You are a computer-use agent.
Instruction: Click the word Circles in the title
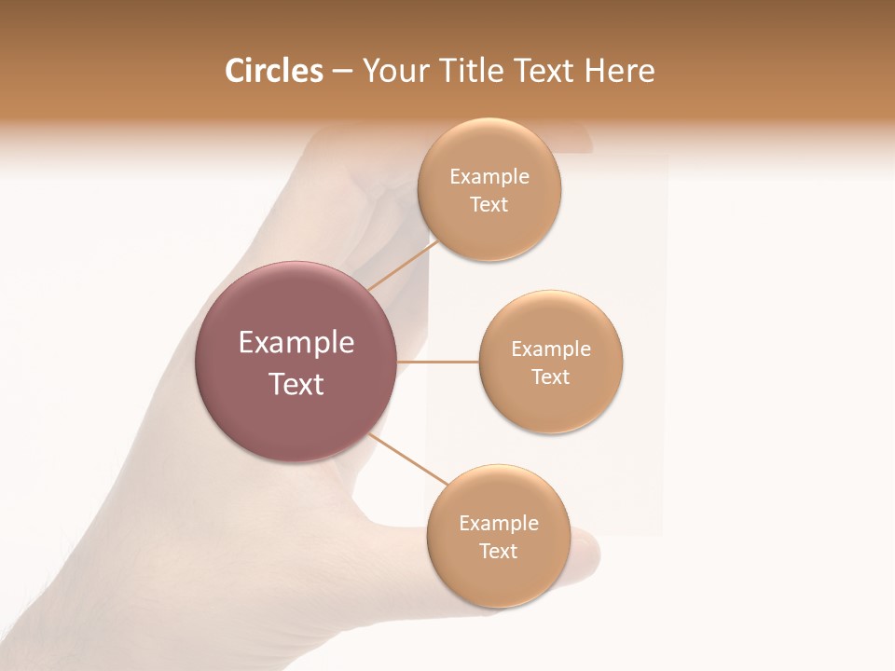click(x=273, y=71)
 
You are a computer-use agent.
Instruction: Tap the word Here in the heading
click(x=619, y=71)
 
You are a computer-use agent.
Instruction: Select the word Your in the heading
click(x=395, y=71)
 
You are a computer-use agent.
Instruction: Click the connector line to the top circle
click(x=402, y=265)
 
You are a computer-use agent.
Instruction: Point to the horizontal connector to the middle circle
click(x=437, y=361)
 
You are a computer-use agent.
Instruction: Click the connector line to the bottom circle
click(x=408, y=459)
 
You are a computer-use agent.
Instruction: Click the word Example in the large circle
click(x=296, y=343)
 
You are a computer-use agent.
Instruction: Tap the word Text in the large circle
click(x=296, y=384)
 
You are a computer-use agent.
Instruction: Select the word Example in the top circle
click(x=489, y=177)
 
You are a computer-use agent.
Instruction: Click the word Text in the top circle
click(x=489, y=205)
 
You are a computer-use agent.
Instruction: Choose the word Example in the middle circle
click(x=551, y=349)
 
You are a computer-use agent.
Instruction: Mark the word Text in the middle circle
click(x=551, y=377)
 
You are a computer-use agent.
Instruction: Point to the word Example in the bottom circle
click(x=499, y=524)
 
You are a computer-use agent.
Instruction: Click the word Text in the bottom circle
click(x=499, y=552)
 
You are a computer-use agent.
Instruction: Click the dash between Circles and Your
click(x=342, y=72)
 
